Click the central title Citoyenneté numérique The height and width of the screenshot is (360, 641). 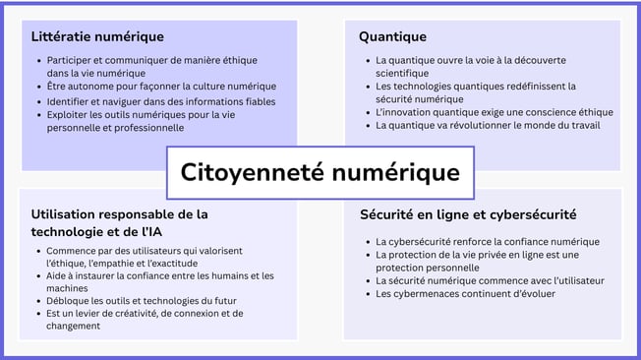pyautogui.click(x=320, y=172)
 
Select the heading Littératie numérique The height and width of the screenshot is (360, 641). pyautogui.click(x=97, y=36)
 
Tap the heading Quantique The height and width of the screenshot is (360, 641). pyautogui.click(x=392, y=36)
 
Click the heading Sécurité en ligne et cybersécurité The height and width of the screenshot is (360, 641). pyautogui.click(x=468, y=214)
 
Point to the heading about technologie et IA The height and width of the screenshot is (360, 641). pyautogui.click(x=119, y=222)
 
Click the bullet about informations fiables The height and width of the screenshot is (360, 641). pyautogui.click(x=161, y=101)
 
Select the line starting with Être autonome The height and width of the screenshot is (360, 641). pyautogui.click(x=161, y=87)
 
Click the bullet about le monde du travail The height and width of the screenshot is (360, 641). pyautogui.click(x=488, y=125)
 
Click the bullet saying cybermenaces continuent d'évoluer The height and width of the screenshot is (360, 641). pyautogui.click(x=465, y=293)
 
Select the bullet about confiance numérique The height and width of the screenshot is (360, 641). pyautogui.click(x=487, y=242)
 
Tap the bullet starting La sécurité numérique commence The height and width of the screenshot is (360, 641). pyautogui.click(x=490, y=280)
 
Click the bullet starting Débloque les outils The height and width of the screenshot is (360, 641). pyautogui.click(x=141, y=301)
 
